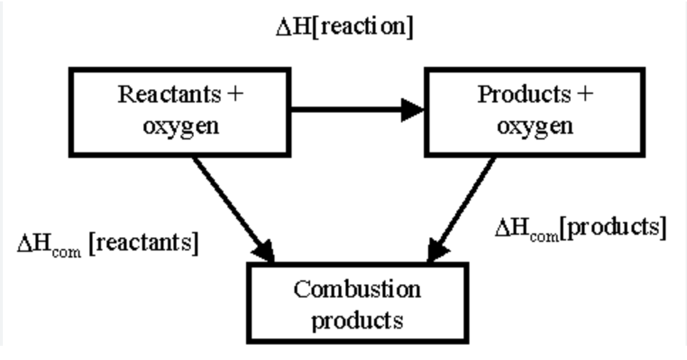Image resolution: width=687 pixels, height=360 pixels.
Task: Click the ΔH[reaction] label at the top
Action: pos(344,26)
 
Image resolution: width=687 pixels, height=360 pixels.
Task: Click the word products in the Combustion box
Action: pos(357,319)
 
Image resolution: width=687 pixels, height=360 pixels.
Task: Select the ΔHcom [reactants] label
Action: pos(107,243)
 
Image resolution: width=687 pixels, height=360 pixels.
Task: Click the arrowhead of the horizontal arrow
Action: pos(412,110)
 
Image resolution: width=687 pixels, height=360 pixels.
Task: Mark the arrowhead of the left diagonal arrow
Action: pos(264,251)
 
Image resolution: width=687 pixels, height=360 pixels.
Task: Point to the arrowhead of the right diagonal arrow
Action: pos(439,251)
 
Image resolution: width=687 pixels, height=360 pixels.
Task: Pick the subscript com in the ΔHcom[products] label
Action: pos(543,235)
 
